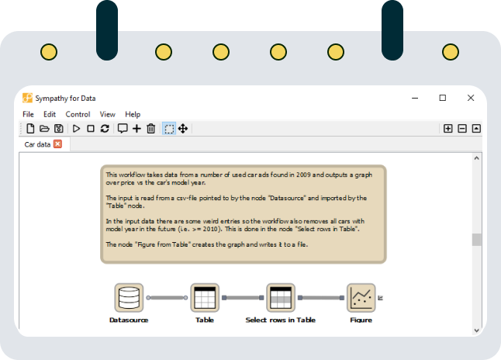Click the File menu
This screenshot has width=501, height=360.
(x=28, y=114)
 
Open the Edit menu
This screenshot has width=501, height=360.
(x=50, y=114)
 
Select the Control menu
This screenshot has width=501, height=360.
(x=78, y=114)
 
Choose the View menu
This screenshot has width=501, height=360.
(x=107, y=114)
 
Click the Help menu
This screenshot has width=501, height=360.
(x=133, y=114)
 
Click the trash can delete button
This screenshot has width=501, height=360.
(x=150, y=129)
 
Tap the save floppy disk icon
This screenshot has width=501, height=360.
(x=59, y=129)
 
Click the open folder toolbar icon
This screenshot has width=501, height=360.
(x=44, y=129)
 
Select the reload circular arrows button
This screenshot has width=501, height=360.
(x=105, y=129)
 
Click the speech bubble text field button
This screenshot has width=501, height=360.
(x=123, y=129)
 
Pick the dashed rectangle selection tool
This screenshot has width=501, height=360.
(x=169, y=129)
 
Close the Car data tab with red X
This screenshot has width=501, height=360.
(x=58, y=144)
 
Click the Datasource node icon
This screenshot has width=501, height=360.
(x=129, y=298)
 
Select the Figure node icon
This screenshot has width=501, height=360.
(x=361, y=298)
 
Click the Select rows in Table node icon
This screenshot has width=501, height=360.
(x=281, y=298)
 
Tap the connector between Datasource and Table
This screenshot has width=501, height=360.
(x=167, y=298)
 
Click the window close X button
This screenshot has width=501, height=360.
(x=471, y=98)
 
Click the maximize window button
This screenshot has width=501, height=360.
(x=443, y=98)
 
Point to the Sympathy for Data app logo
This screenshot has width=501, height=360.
(x=27, y=98)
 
